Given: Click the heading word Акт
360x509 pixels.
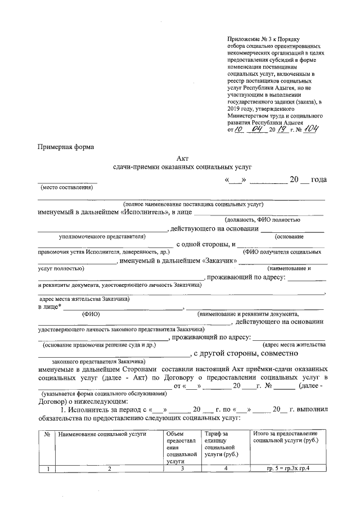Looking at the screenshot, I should point(181,159).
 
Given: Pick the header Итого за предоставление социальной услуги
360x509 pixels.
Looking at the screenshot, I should point(285,438).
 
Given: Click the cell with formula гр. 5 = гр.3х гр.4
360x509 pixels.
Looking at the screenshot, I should point(288,469).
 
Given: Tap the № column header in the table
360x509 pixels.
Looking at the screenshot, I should point(47,434).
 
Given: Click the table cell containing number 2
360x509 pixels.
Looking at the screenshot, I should point(109,469).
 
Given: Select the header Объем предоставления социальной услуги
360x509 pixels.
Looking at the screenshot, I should point(181,447).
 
